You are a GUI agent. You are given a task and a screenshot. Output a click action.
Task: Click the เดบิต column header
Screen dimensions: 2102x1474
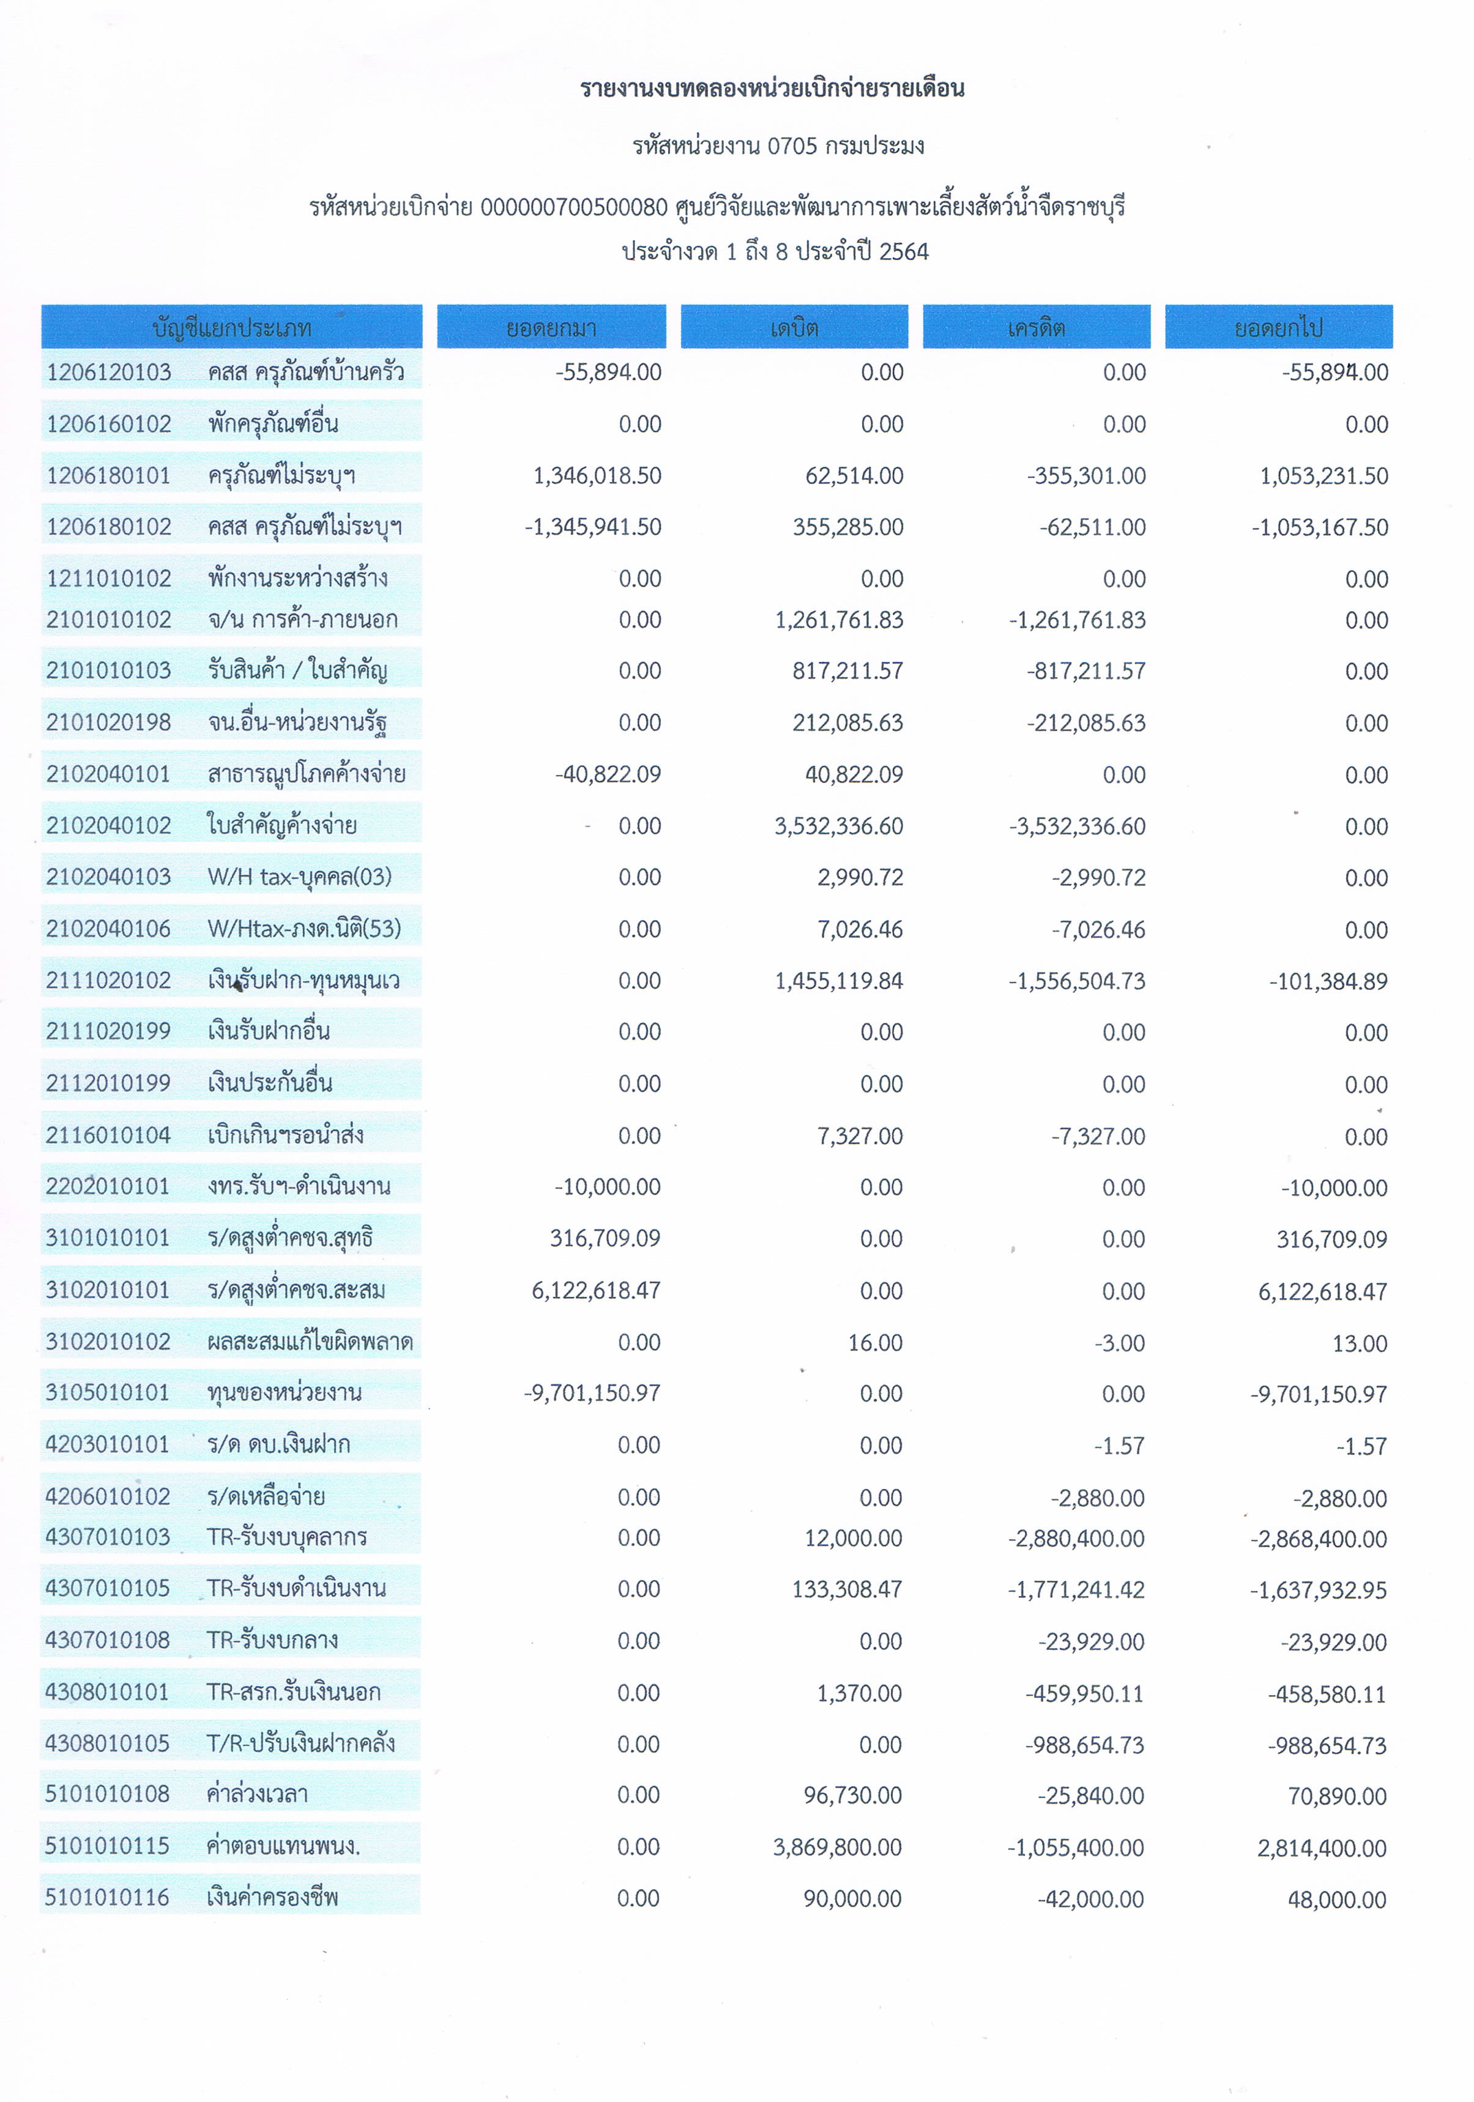(794, 327)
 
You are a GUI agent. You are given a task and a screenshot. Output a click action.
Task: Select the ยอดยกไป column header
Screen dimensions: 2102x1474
(1278, 327)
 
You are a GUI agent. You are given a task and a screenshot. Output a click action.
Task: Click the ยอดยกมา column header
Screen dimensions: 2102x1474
(551, 327)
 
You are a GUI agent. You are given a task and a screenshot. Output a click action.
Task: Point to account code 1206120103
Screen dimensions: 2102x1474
(109, 372)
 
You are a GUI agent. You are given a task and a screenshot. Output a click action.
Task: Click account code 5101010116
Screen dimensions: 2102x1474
(107, 1898)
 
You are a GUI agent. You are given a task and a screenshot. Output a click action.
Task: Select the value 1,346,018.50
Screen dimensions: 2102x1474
(597, 475)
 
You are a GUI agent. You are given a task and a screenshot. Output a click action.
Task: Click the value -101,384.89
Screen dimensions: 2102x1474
(1328, 981)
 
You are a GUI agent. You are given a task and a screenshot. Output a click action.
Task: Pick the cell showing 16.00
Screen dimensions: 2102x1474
(875, 1342)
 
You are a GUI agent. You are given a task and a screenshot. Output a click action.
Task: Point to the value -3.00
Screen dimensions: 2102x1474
(1120, 1343)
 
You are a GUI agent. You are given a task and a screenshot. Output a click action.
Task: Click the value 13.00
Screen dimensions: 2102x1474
(1360, 1343)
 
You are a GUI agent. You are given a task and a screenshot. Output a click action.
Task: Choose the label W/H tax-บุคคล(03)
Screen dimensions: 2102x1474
(299, 877)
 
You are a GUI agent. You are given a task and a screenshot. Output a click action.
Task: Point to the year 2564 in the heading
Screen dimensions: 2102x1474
(904, 252)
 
